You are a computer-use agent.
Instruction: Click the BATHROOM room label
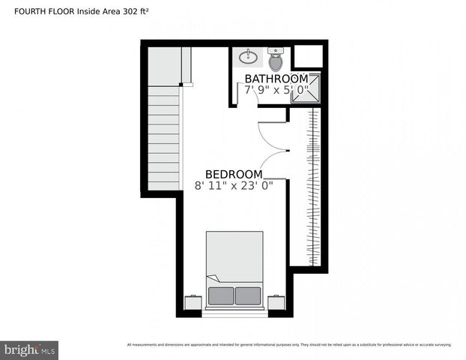coord(276,79)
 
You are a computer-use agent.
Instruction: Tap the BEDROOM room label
coord(234,174)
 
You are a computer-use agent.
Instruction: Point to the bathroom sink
coord(248,56)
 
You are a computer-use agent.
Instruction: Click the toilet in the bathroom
coord(276,58)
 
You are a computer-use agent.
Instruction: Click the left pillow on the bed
coord(221,295)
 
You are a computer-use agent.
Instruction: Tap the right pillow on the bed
coord(248,295)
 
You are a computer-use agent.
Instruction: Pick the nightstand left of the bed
coord(193,302)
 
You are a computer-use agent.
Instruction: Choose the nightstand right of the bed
coord(276,302)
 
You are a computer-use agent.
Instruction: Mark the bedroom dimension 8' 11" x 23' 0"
coord(234,186)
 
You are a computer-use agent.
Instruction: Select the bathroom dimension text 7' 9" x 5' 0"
coord(276,90)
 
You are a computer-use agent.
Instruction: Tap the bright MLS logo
coord(30,350)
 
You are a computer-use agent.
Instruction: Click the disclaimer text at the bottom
coord(289,345)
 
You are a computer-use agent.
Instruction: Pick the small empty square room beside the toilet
coord(306,56)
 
